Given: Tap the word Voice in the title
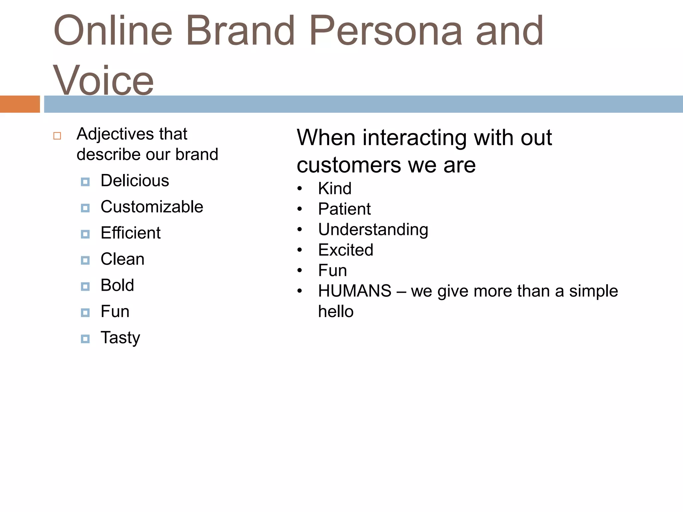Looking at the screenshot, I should (x=103, y=80).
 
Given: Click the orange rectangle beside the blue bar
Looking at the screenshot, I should (x=20, y=104).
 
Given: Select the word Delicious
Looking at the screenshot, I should (x=135, y=181).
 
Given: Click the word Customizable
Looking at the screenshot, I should (x=152, y=207).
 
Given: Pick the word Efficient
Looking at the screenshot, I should (x=130, y=233).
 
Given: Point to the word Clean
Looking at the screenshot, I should (x=122, y=259).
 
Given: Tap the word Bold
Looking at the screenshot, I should (x=117, y=285).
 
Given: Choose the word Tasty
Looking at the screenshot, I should (x=120, y=338).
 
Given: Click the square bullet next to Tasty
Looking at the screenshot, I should (x=85, y=339).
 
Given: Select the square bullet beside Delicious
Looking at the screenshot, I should (x=85, y=182).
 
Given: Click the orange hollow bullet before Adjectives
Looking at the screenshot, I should (x=57, y=136).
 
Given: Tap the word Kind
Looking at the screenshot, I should (x=334, y=189).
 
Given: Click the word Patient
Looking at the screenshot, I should (x=344, y=209).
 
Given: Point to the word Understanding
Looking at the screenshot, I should (x=373, y=230).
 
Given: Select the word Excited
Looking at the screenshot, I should (x=346, y=250).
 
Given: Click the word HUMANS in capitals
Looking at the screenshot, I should (x=355, y=291).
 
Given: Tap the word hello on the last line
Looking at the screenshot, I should (x=335, y=311).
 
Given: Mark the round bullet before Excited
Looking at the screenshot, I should (x=299, y=250).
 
